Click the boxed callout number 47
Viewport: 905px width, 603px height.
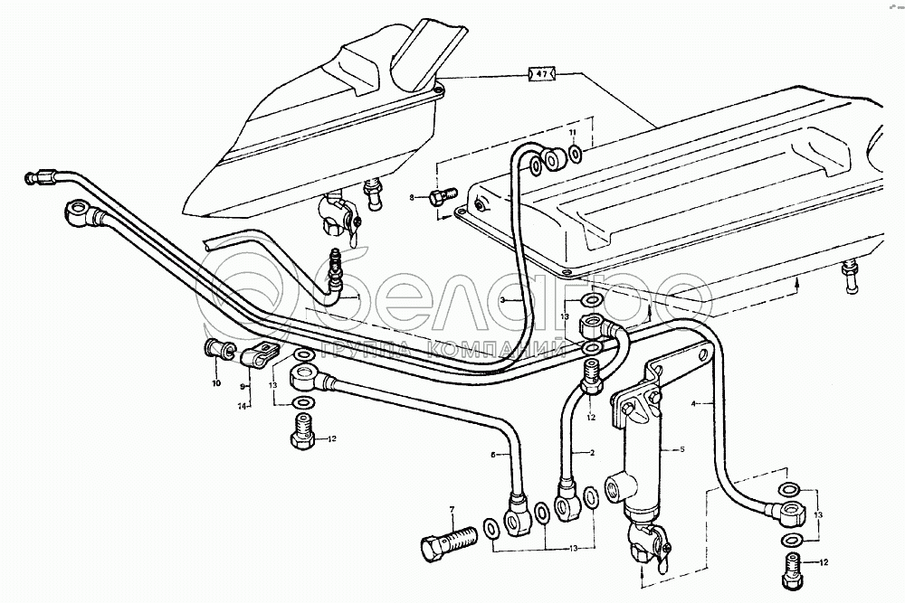[541, 73]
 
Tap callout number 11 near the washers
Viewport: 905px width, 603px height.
[573, 133]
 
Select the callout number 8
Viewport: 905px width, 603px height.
[412, 197]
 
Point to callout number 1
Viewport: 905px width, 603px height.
[358, 297]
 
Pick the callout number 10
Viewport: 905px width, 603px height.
[216, 383]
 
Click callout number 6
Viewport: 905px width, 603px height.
[494, 456]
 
